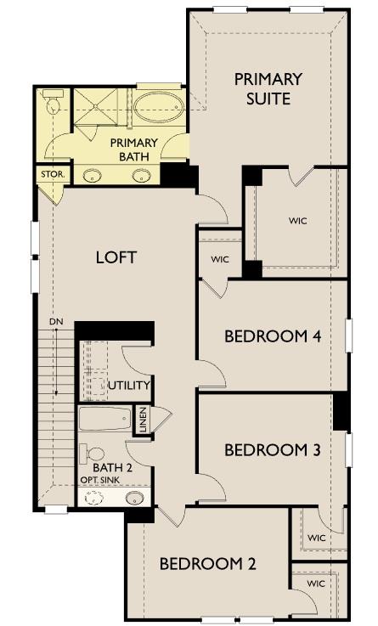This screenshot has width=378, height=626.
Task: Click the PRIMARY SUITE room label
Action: [x=268, y=89]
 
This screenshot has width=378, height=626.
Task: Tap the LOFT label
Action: [x=116, y=257]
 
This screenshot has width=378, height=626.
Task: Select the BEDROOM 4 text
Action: [x=272, y=336]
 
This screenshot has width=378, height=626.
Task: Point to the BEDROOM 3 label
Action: [x=272, y=449]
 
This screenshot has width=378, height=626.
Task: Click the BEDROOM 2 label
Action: [x=207, y=563]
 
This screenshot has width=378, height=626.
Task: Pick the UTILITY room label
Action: [x=129, y=386]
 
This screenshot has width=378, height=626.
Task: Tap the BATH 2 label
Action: [x=112, y=467]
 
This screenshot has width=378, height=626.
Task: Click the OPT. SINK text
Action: [x=101, y=480]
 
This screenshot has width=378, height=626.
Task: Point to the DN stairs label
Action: [x=56, y=322]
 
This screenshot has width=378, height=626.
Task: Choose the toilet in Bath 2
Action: [x=93, y=454]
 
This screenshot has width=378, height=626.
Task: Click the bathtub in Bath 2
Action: [x=105, y=419]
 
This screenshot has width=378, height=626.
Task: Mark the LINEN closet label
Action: [x=143, y=420]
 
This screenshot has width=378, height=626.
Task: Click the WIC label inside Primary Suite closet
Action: [x=297, y=221]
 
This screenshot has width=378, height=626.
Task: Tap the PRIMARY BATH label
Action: [x=134, y=149]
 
